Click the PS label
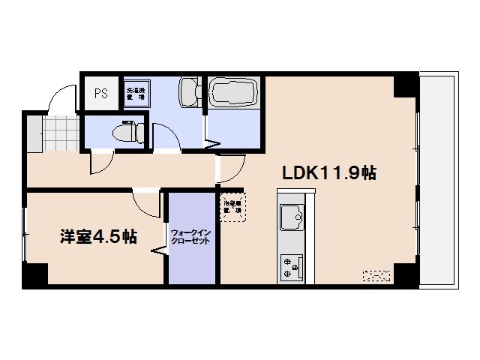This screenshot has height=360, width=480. point(100,94)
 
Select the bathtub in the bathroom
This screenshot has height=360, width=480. point(233,94)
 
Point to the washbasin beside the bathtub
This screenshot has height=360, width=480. point(189,92)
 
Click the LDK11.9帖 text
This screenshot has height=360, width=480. point(328,172)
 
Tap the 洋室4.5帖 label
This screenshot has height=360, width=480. point(98,237)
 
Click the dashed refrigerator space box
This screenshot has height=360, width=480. point(231,207)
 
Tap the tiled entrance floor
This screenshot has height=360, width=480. point(57,133)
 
